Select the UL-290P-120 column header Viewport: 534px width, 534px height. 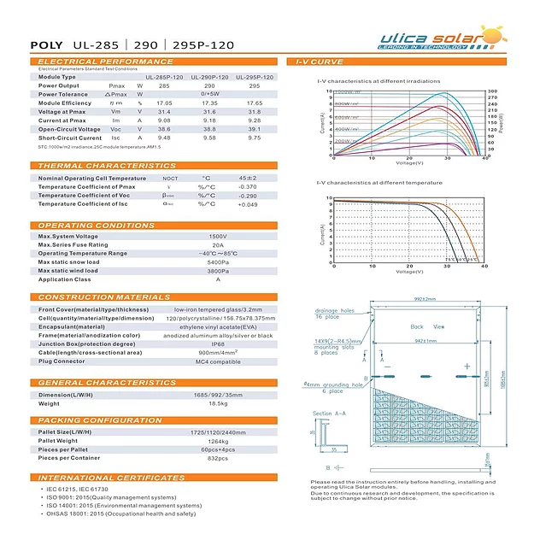(x=209, y=77)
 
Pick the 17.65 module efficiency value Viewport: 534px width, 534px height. (x=255, y=103)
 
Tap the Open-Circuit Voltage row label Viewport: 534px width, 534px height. (x=71, y=128)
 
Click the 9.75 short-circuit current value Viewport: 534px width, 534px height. (x=255, y=137)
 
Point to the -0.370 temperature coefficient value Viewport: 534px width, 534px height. (x=248, y=186)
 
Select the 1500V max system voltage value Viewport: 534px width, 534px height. (x=218, y=236)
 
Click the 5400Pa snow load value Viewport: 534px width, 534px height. (x=218, y=261)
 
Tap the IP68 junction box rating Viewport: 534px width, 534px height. (x=218, y=343)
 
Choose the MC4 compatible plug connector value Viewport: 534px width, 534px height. (x=218, y=361)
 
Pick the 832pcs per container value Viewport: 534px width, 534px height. (x=218, y=457)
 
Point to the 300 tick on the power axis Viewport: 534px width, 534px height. (x=492, y=91)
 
